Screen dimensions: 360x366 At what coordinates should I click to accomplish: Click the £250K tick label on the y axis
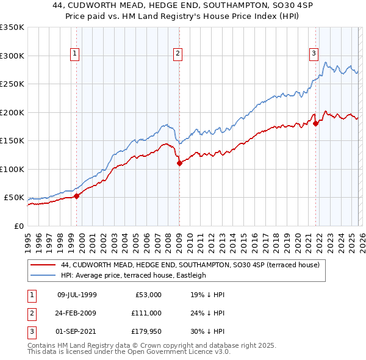tap(12, 84)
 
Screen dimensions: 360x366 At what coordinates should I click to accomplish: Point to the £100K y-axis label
tap(12, 169)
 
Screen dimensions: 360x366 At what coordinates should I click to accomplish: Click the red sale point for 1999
tap(77, 196)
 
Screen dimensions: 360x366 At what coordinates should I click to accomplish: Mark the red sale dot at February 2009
tap(179, 163)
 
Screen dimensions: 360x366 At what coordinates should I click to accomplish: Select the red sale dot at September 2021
tap(316, 124)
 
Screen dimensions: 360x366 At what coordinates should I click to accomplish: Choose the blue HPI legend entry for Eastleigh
tap(134, 275)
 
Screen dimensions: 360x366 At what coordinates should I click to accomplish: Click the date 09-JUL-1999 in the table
tap(77, 295)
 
